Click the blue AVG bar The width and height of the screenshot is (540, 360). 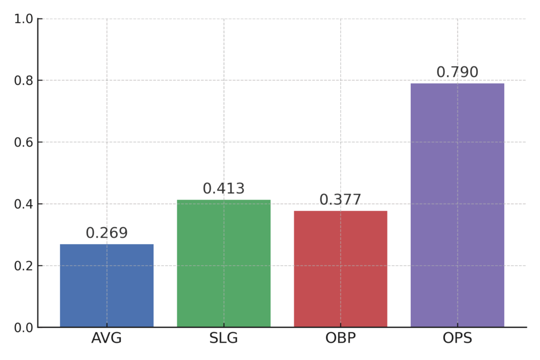pos(107,286)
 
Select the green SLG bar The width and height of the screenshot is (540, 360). pos(224,264)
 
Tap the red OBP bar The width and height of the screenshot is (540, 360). pos(341,269)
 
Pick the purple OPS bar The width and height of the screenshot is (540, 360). pos(457,205)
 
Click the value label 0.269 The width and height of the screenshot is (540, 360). pos(107,233)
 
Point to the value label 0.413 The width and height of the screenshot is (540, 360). pos(224,189)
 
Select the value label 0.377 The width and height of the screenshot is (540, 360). pos(341,200)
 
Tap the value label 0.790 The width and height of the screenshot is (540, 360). pos(457,72)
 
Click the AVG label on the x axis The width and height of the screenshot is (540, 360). pos(107,338)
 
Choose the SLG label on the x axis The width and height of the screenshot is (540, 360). pos(224,338)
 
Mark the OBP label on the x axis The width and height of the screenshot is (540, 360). pos(341,338)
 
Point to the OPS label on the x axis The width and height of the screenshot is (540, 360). pos(457,338)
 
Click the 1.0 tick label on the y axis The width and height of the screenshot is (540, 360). pos(23,19)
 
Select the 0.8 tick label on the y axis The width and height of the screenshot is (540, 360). pos(23,81)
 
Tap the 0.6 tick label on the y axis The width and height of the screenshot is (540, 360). pos(23,142)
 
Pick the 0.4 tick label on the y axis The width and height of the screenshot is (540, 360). pos(23,204)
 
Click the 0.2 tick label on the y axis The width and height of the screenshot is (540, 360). pos(23,266)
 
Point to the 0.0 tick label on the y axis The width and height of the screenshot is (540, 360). pos(23,328)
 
